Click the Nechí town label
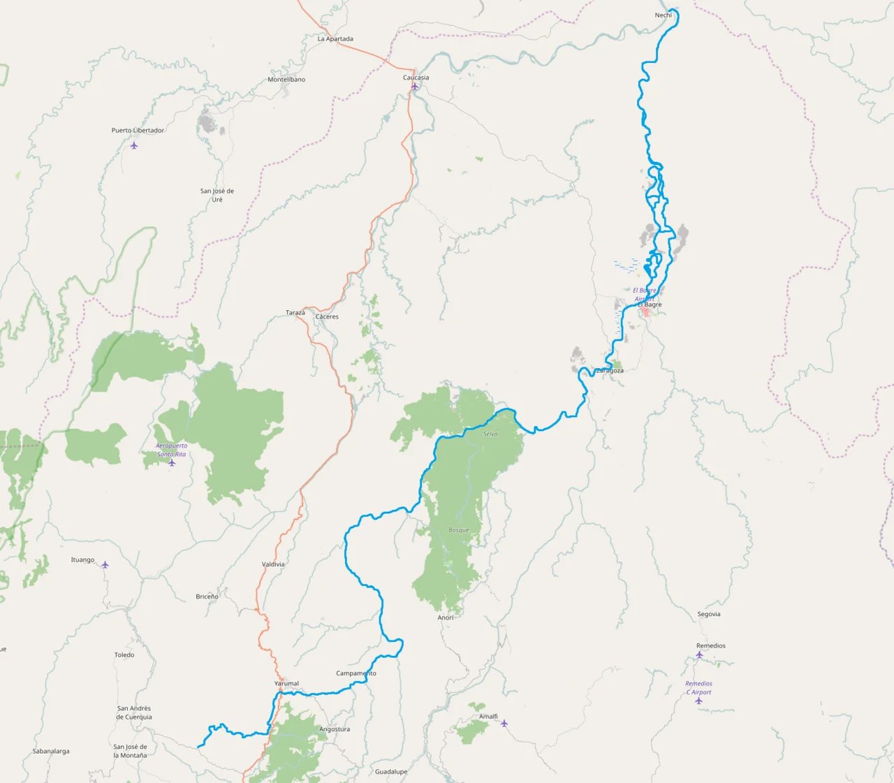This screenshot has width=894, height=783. click(x=663, y=15)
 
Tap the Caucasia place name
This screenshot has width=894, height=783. click(x=416, y=78)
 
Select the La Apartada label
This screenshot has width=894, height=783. click(x=335, y=39)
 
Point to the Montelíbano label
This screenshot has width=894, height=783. click(x=286, y=80)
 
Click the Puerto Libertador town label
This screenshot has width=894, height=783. click(x=138, y=131)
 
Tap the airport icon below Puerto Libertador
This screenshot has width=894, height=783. click(x=134, y=145)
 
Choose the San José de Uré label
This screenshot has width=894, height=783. click(x=217, y=195)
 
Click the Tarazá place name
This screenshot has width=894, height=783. click(x=295, y=313)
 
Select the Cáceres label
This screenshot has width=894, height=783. click(x=327, y=317)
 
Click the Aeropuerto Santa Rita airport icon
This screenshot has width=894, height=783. click(x=172, y=462)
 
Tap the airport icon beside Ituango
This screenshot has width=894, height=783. click(x=105, y=564)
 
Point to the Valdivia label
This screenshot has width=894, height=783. click(x=273, y=564)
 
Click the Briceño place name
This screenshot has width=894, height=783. click(x=207, y=597)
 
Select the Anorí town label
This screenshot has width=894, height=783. click(x=446, y=617)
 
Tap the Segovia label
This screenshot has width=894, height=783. click(x=709, y=615)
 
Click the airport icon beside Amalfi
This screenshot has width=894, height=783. click(x=504, y=724)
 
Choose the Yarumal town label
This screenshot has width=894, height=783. click(x=286, y=684)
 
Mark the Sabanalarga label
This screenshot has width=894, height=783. click(x=51, y=752)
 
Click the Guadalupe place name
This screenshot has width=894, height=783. click(x=391, y=772)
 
